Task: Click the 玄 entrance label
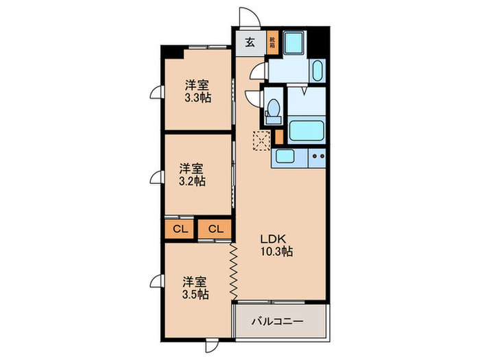coord(250,42)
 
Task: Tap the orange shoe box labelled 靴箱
coord(272,43)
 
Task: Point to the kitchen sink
coord(285,156)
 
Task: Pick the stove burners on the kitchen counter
coord(317,156)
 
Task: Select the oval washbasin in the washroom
coord(317,71)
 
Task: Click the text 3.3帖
coord(197,98)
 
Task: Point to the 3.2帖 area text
coord(191,182)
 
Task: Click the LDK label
coord(276,239)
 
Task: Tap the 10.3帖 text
coord(276,252)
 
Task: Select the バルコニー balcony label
coord(277,320)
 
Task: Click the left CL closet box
coord(180,229)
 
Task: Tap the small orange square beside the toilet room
coord(279,135)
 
